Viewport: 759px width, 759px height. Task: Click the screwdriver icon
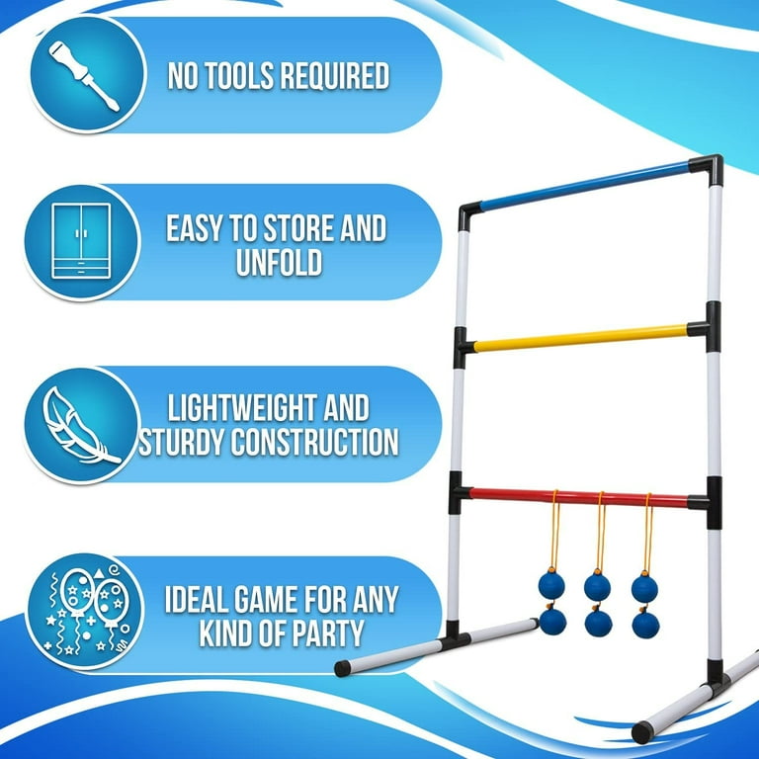click(x=83, y=76)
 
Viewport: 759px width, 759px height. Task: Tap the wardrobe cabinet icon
click(x=81, y=240)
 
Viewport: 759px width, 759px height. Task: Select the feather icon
click(x=80, y=426)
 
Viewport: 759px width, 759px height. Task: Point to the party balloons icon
click(x=86, y=610)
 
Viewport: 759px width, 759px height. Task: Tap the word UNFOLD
click(x=279, y=262)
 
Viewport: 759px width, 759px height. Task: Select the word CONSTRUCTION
click(x=314, y=442)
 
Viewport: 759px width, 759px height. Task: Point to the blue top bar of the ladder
click(x=584, y=187)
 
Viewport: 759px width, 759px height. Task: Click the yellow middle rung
click(x=580, y=338)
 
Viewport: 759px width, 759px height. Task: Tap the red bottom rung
click(x=578, y=498)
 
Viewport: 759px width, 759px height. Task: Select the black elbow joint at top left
click(x=468, y=216)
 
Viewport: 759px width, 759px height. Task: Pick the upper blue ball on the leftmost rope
click(x=551, y=585)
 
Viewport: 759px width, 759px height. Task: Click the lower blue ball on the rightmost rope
click(x=645, y=625)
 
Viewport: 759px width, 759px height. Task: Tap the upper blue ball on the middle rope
click(x=597, y=587)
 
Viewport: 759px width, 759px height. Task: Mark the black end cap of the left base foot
click(x=342, y=668)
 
